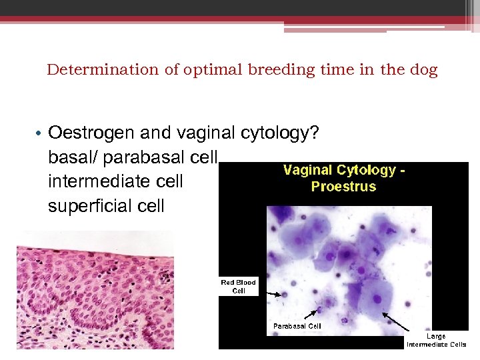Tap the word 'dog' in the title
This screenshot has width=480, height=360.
[424, 70]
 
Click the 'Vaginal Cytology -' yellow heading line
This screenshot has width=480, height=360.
[345, 171]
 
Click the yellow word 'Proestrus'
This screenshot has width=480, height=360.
[343, 186]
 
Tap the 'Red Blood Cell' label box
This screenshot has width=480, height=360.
[239, 286]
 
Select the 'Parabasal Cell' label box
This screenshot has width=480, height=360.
[297, 326]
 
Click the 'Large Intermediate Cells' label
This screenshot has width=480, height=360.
[436, 340]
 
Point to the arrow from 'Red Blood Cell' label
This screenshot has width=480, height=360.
[271, 291]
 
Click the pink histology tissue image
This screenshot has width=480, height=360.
[95, 289]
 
